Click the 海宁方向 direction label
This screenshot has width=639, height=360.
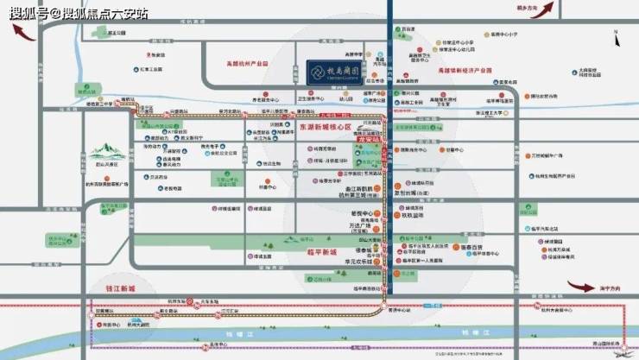(x=607, y=288)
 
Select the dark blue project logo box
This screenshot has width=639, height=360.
(x=339, y=66)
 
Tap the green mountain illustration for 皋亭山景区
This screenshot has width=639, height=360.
(x=104, y=155)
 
